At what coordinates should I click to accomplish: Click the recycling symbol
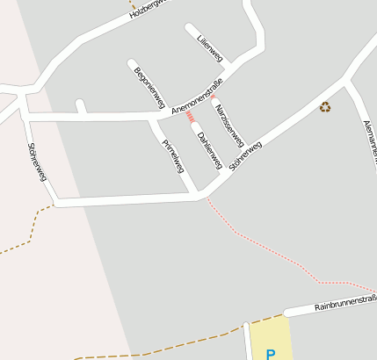325,107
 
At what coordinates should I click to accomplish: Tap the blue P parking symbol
271,354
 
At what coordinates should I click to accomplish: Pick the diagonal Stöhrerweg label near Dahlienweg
245,156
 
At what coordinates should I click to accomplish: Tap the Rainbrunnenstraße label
346,305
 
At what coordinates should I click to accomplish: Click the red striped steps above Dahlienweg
189,115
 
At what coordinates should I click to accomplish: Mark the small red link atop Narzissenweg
211,96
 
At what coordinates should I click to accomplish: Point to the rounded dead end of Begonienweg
132,63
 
